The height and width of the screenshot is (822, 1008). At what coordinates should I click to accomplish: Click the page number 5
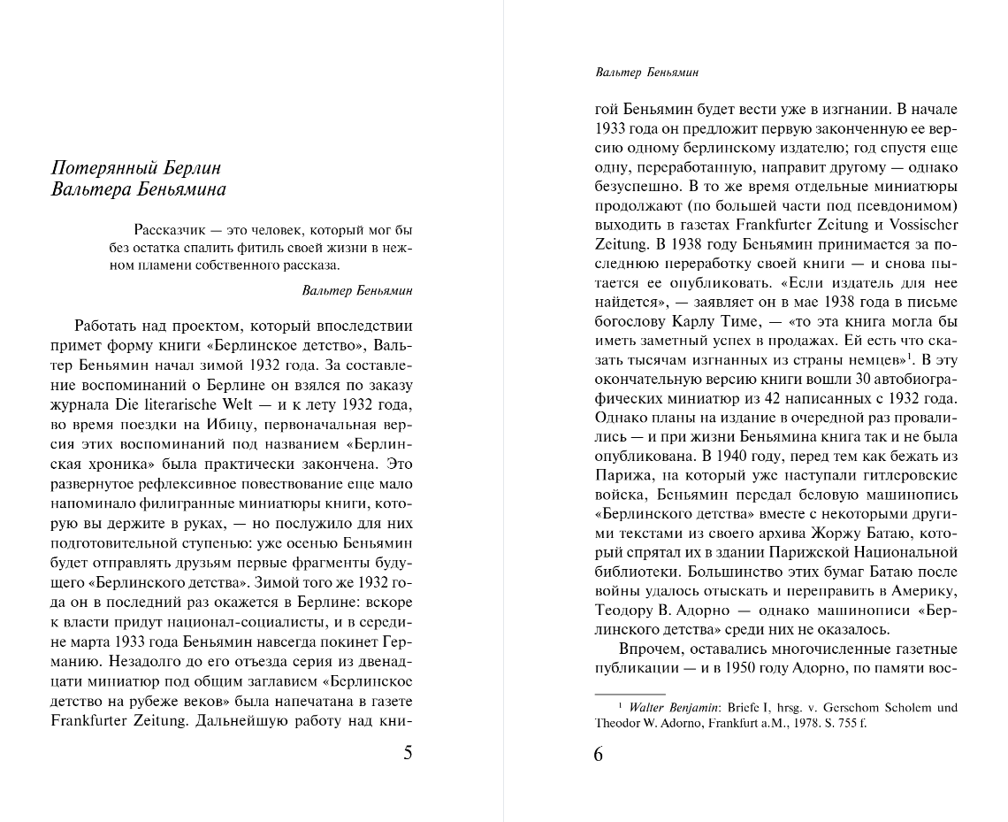pos(407,754)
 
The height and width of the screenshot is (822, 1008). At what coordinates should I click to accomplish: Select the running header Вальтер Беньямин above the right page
pos(647,73)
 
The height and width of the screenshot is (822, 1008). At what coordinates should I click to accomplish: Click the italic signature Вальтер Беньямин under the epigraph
pos(356,290)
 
